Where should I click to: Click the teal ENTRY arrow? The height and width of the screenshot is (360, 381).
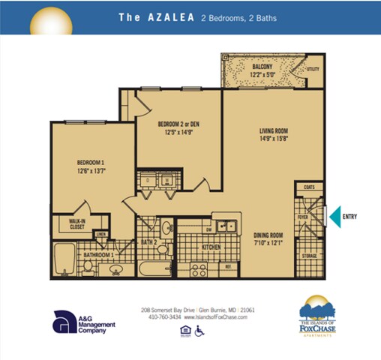click(x=335, y=217)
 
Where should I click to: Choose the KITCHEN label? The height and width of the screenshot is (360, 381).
click(x=210, y=246)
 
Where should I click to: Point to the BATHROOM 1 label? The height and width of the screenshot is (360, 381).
click(x=98, y=256)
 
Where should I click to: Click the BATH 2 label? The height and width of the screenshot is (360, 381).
click(x=149, y=243)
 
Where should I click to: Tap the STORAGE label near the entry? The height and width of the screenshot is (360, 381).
click(x=310, y=256)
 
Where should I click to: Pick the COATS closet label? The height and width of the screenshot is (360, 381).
click(x=309, y=187)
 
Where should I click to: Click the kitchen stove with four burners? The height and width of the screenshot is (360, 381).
click(x=199, y=268)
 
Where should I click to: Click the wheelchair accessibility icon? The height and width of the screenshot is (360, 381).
click(x=199, y=331)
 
